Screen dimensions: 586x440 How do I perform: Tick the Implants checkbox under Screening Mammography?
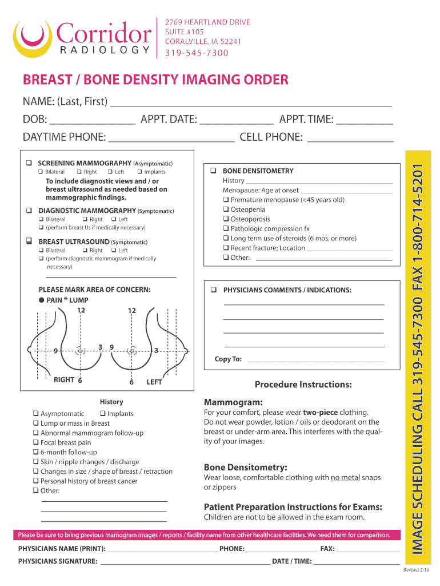click(139, 172)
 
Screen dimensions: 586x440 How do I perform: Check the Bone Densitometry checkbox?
click(213, 171)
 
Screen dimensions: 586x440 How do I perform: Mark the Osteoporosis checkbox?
click(226, 219)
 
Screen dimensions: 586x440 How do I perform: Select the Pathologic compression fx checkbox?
click(226, 229)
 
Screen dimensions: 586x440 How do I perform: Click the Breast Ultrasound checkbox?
click(29, 241)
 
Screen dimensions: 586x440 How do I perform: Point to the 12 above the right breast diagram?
click(81, 310)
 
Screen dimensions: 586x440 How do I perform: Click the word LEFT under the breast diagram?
click(154, 382)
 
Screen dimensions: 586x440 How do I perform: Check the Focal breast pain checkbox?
click(36, 442)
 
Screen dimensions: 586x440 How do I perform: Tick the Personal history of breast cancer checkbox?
click(36, 481)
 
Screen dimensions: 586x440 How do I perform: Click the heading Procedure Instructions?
click(303, 384)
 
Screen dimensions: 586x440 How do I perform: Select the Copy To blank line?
click(315, 361)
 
